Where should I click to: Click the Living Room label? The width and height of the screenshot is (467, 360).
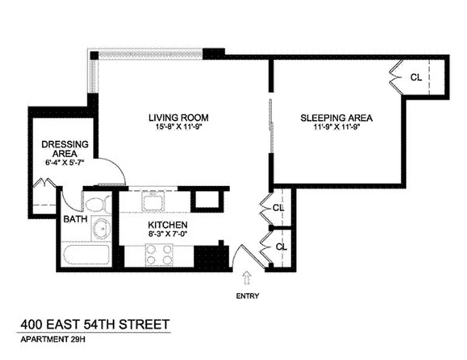(x=178, y=118)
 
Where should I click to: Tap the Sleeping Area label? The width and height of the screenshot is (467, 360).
(x=336, y=118)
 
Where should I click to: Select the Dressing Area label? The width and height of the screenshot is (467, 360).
(x=65, y=149)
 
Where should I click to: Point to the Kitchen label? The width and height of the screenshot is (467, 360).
(x=168, y=225)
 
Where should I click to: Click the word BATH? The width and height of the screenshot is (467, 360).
(x=73, y=219)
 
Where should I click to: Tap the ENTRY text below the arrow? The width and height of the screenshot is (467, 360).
(x=247, y=296)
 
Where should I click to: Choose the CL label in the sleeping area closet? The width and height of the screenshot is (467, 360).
(x=416, y=77)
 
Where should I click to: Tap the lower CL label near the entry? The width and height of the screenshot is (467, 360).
(x=281, y=247)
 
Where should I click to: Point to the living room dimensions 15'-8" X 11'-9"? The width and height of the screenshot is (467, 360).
(x=178, y=127)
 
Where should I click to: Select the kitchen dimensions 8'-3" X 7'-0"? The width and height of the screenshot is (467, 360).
(x=168, y=234)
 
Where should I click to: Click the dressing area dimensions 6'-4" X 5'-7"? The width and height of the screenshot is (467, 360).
(x=65, y=162)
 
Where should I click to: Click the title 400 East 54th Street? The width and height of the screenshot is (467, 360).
(x=95, y=324)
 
